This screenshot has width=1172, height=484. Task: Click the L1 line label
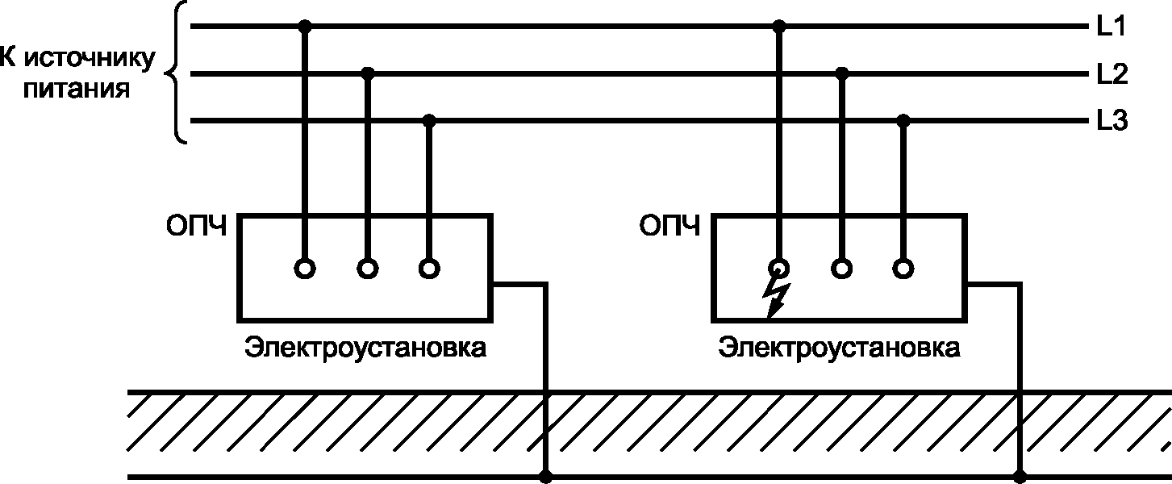click(x=1111, y=27)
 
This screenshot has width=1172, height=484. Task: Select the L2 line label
click(x=1111, y=74)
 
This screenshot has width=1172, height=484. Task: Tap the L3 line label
click(x=1111, y=123)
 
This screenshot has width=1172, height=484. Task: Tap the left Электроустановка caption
click(x=366, y=349)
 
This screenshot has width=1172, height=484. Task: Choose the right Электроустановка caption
click(x=840, y=349)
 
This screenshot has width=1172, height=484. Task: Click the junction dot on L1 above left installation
click(x=304, y=27)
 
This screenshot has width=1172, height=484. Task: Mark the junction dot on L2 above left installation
click(x=368, y=74)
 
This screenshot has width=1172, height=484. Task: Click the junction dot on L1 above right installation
click(x=778, y=27)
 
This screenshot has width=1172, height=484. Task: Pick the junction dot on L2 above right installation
click(x=842, y=74)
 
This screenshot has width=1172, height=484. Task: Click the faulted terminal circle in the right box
click(x=778, y=268)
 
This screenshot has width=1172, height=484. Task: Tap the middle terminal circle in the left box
click(x=368, y=268)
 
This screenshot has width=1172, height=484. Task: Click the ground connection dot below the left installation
click(x=548, y=476)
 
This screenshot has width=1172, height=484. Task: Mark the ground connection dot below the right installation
click(x=1021, y=476)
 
